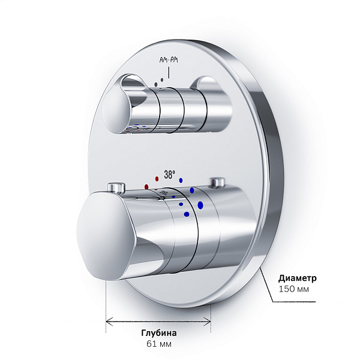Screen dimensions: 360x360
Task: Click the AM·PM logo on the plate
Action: pyautogui.click(x=169, y=60)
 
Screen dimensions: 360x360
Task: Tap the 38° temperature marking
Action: pyautogui.click(x=170, y=175)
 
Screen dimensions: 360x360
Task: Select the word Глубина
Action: pyautogui.click(x=159, y=333)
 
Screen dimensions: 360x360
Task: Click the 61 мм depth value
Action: pyautogui.click(x=159, y=344)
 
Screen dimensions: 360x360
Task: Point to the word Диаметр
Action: pyautogui.click(x=298, y=278)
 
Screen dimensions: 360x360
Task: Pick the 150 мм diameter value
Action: pyautogui.click(x=293, y=289)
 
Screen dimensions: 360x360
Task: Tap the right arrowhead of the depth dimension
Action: pyautogui.click(x=208, y=321)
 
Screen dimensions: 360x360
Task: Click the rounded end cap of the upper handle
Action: pyautogui.click(x=114, y=113)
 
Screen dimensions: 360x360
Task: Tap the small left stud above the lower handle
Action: pyautogui.click(x=116, y=187)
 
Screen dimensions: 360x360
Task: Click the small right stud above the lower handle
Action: pyautogui.click(x=217, y=182)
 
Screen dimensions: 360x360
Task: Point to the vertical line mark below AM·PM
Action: pyautogui.click(x=169, y=73)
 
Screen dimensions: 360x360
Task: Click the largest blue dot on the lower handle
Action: pyautogui.click(x=200, y=205)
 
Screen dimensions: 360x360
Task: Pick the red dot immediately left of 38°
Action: pyautogui.click(x=157, y=179)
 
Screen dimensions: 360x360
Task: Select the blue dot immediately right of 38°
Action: pyautogui.click(x=181, y=181)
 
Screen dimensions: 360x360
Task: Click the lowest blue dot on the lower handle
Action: pyautogui.click(x=187, y=214)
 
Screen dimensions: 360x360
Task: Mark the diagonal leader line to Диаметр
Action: pyautogui.click(x=266, y=284)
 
